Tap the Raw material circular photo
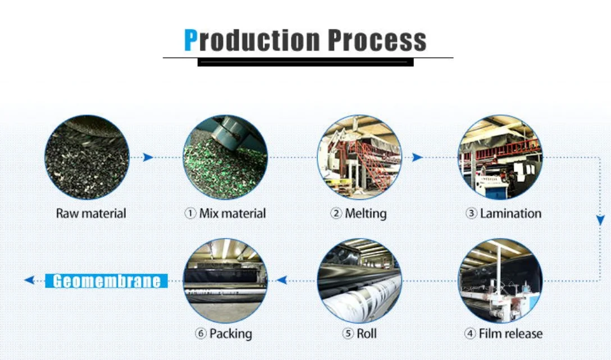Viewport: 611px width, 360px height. click(x=87, y=157)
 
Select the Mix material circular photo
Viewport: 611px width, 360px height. click(x=225, y=157)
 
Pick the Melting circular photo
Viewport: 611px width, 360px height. click(x=359, y=157)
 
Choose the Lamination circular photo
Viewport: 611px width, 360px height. click(x=500, y=157)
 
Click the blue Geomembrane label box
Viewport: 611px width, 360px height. click(x=106, y=280)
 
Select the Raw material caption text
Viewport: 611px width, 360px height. click(x=91, y=213)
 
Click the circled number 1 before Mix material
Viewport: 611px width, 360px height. click(x=190, y=214)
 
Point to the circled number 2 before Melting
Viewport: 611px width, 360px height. click(x=336, y=214)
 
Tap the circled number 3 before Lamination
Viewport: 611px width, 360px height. click(x=471, y=214)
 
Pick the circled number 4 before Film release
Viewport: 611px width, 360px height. click(x=470, y=334)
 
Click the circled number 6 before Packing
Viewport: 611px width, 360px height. click(x=200, y=334)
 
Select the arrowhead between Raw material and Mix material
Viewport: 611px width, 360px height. click(x=148, y=157)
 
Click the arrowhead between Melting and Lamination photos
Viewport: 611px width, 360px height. click(x=418, y=157)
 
